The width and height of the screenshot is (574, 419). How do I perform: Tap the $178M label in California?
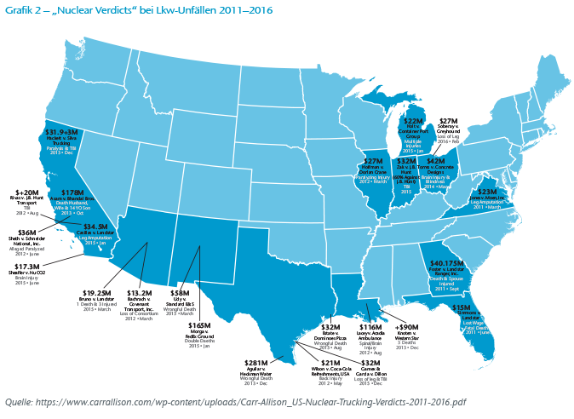coord(73,193)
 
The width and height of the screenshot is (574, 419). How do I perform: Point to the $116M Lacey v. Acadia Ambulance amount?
coord(370,327)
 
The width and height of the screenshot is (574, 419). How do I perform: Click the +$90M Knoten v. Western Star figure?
coord(408,327)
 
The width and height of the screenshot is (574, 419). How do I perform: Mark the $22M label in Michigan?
coord(413,122)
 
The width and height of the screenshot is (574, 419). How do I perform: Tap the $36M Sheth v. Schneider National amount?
coord(27,232)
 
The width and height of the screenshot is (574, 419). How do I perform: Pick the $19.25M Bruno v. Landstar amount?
coord(100,292)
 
